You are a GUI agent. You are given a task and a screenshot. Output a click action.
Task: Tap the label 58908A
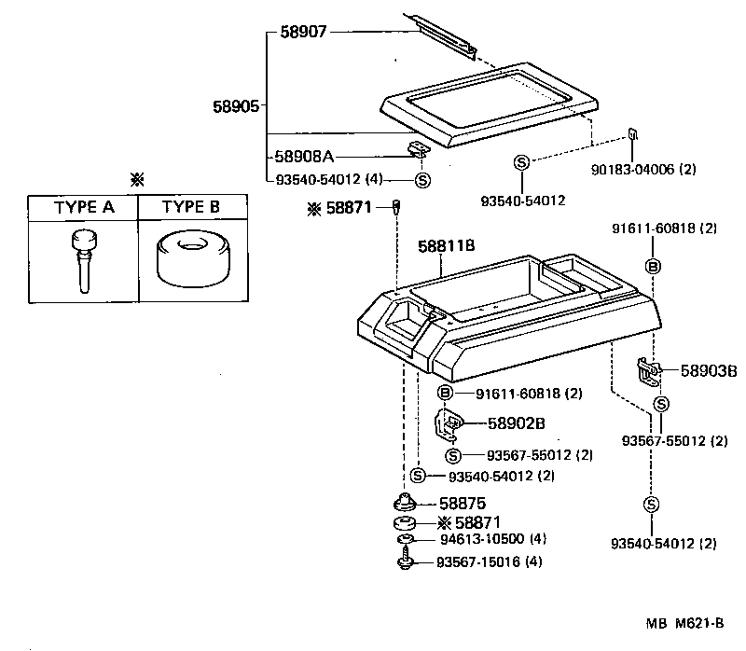click(304, 158)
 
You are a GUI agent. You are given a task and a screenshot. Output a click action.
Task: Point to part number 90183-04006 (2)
click(644, 170)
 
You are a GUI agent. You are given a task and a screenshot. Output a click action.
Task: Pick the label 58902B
click(516, 423)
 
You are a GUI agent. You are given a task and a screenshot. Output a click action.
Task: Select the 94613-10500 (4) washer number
click(491, 540)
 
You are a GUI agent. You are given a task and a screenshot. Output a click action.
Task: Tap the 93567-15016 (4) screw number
click(490, 561)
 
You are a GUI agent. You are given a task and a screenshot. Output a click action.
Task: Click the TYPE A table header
click(83, 208)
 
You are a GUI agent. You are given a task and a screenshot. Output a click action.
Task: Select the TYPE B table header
click(193, 208)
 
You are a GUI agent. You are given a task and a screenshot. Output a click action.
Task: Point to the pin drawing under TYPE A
click(82, 260)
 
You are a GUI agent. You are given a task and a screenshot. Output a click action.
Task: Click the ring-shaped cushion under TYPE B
click(193, 260)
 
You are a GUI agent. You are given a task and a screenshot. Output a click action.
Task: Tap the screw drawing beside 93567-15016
click(406, 561)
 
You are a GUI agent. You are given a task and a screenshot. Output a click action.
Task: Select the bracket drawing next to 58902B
click(449, 424)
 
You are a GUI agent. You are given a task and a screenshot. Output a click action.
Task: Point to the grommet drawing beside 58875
click(406, 502)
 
